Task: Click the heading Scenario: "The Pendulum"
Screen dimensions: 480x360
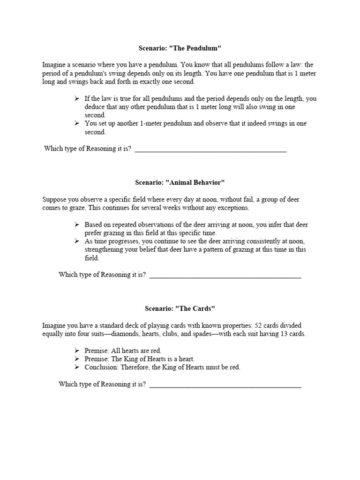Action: (x=180, y=48)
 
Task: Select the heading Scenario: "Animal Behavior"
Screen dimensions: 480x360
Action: (x=180, y=181)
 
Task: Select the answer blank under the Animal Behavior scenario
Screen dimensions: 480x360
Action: (x=225, y=276)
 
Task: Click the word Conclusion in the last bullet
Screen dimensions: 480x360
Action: (x=100, y=367)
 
